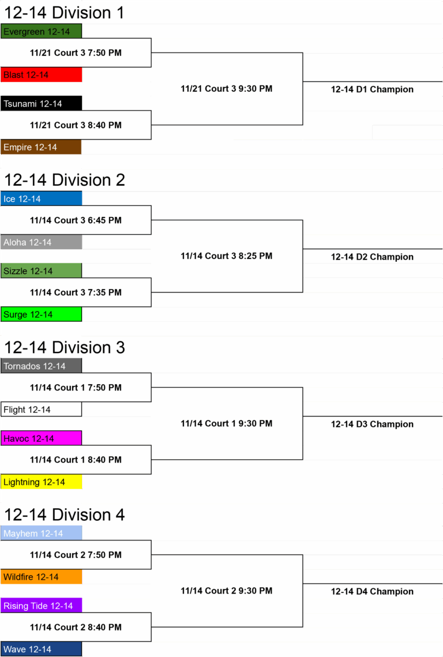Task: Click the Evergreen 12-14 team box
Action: [41, 31]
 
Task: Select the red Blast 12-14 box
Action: [41, 74]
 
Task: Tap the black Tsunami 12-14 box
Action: [41, 103]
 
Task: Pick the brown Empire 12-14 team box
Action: [41, 147]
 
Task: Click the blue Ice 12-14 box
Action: [41, 198]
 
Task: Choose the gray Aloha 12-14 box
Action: [41, 242]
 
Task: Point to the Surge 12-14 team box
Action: [41, 314]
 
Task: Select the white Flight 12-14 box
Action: [41, 410]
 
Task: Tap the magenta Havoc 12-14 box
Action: [41, 438]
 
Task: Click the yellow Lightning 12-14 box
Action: [41, 482]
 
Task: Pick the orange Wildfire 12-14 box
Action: [41, 577]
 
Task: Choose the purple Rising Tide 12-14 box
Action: [41, 606]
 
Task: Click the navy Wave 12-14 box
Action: [41, 649]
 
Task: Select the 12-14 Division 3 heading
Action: [65, 347]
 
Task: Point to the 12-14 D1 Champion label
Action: [372, 89]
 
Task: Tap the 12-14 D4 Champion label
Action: [372, 591]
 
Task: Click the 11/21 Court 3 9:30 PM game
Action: [226, 88]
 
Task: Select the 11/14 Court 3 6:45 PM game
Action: [76, 220]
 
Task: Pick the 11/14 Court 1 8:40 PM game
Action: [76, 460]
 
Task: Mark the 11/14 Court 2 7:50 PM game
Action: [76, 555]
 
